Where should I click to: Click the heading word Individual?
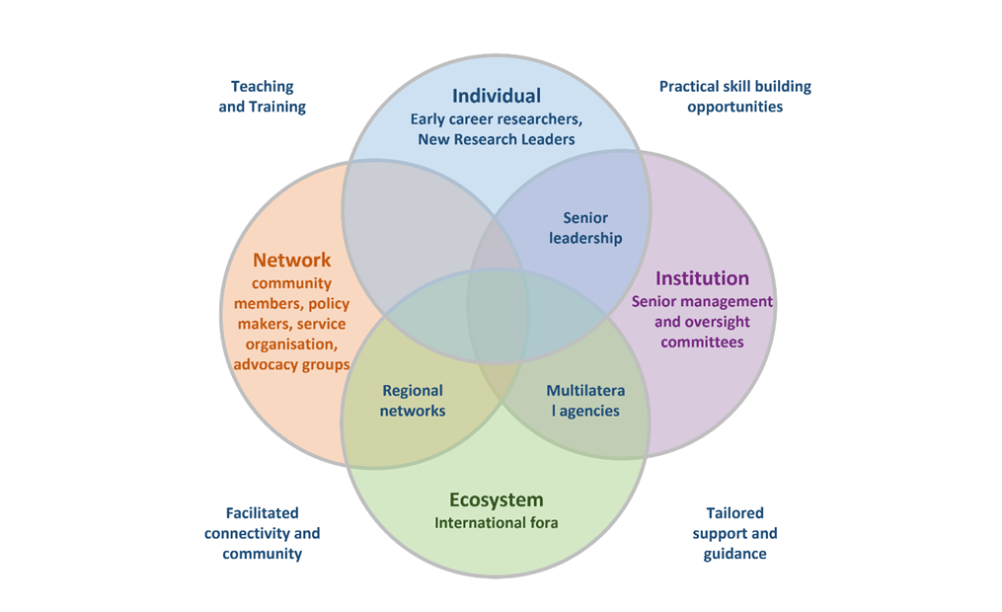pos(496,96)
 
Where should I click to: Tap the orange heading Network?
pos(291,261)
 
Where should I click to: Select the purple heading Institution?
pos(702,278)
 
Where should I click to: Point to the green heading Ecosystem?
pos(496,499)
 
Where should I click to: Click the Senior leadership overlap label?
pos(585,228)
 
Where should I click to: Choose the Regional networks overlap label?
pos(413,401)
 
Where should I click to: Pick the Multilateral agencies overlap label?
pos(585,401)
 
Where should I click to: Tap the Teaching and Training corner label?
pos(262,97)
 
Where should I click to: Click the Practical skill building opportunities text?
pos(734,97)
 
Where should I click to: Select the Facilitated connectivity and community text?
pos(262,533)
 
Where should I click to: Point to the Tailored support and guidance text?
pos(734,533)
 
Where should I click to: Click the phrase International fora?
pos(496,522)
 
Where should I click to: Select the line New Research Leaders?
pos(496,139)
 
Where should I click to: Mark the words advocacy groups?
pos(291,364)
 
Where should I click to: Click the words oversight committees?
pos(702,332)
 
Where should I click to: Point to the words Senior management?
pos(702,301)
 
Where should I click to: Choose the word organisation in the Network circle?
pos(291,344)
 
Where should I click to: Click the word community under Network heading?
pos(291,283)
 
